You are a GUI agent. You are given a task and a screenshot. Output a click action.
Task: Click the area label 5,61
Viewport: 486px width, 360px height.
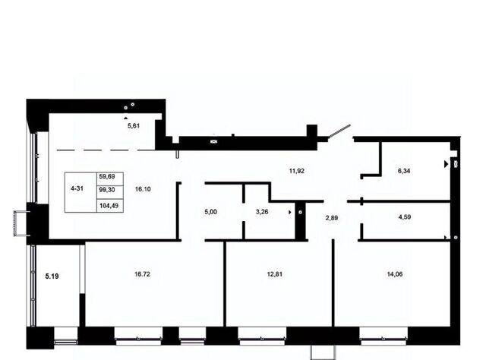(134, 126)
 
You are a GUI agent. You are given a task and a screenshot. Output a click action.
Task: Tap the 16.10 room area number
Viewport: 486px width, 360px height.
(143, 189)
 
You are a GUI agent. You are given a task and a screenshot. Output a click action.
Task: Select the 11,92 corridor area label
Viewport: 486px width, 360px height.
(297, 171)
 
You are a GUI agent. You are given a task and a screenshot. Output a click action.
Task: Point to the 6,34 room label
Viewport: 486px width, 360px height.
(404, 171)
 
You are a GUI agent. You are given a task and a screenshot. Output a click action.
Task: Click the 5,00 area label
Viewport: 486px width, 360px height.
(211, 212)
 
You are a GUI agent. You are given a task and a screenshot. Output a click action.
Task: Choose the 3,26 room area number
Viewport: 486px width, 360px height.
(262, 212)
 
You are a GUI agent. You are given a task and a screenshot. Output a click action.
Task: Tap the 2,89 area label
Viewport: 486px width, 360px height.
(332, 218)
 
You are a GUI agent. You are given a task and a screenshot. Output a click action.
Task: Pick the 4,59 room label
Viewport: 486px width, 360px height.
(405, 217)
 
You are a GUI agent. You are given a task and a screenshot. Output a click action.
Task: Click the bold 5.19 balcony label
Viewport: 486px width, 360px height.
(52, 276)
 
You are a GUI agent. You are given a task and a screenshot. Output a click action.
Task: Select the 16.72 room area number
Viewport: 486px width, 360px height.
(143, 274)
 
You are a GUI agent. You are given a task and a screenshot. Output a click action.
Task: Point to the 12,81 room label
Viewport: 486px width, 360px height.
(275, 274)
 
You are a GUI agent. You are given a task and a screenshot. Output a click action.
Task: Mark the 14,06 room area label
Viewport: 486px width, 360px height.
(395, 274)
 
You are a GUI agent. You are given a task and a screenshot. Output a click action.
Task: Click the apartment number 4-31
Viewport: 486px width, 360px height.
(77, 188)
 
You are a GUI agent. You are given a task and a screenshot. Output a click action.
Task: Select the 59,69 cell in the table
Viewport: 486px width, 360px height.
(107, 176)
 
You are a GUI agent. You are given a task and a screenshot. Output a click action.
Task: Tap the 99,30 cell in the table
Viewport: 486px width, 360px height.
(107, 190)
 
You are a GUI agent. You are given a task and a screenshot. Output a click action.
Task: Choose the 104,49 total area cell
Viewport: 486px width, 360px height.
(109, 206)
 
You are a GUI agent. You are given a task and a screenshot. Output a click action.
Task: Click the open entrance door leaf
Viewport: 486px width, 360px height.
(339, 131)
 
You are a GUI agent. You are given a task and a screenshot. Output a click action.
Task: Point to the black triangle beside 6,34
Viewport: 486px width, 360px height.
(447, 164)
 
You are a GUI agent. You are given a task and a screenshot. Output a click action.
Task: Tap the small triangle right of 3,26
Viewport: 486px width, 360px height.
(290, 213)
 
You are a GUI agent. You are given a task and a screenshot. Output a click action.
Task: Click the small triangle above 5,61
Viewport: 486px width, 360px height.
(125, 118)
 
